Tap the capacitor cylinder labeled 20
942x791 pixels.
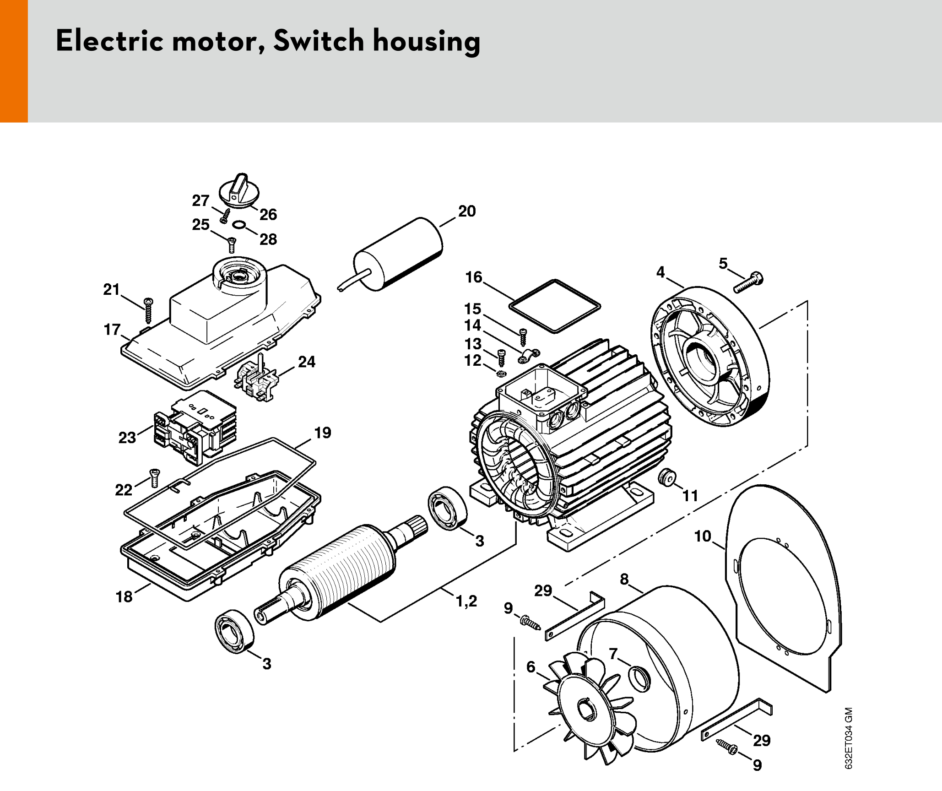tap(397, 255)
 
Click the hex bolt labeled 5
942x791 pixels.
tap(748, 282)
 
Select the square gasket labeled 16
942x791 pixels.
tap(555, 305)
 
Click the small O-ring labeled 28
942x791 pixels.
tap(239, 224)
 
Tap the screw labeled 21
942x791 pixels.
tap(148, 310)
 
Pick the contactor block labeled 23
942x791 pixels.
tap(195, 428)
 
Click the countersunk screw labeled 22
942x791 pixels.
tap(155, 478)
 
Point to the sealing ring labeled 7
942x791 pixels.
tap(639, 679)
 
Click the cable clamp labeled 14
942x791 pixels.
tap(529, 356)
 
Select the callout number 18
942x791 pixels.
tap(124, 596)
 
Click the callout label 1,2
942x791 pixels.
tap(466, 601)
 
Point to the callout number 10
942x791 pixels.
tap(703, 536)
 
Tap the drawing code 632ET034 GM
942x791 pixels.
tap(849, 738)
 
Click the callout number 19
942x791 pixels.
tap(323, 433)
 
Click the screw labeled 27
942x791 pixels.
tap(225, 216)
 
